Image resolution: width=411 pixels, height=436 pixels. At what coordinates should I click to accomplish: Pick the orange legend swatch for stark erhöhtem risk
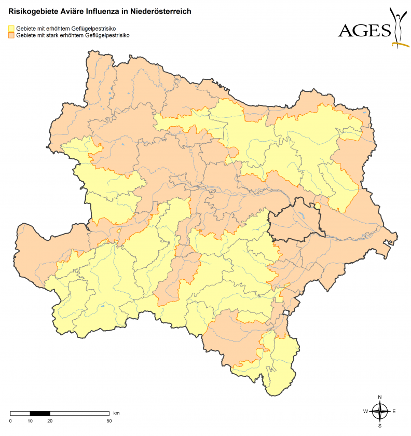(11, 36)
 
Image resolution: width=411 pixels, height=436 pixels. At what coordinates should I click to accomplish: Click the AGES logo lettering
(364, 31)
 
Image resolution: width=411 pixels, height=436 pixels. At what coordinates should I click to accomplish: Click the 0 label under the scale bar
(10, 420)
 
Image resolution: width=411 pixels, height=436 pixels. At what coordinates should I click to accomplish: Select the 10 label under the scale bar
(30, 420)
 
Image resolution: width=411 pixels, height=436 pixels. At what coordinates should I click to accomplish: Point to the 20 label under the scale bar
(50, 420)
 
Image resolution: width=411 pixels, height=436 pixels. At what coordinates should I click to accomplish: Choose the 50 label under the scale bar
(109, 420)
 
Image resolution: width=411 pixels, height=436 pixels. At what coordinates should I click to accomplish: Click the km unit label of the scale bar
(117, 413)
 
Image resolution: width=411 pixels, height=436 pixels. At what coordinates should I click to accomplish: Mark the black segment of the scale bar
(40, 414)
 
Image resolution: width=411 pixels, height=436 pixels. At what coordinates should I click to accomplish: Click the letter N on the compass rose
(380, 397)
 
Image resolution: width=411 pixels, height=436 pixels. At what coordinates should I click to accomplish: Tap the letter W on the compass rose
(365, 412)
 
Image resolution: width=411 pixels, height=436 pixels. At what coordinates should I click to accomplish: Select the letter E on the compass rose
(394, 412)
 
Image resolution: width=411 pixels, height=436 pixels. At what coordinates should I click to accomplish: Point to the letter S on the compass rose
(380, 426)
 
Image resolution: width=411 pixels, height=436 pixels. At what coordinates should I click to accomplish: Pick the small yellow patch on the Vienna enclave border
(317, 206)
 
